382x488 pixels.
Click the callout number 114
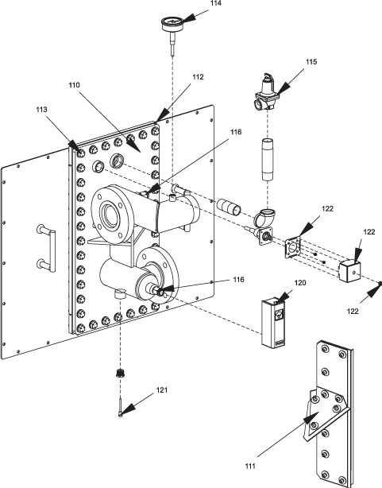[215, 3]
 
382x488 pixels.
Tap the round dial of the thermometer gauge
[172, 24]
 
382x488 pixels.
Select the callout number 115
[311, 62]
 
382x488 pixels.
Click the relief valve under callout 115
[266, 92]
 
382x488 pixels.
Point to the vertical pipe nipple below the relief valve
[267, 160]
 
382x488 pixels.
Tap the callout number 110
[75, 85]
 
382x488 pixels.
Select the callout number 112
[198, 77]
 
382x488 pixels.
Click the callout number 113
[41, 109]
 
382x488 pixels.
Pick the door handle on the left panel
[47, 248]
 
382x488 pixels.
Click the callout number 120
[300, 283]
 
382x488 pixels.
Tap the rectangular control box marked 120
[273, 323]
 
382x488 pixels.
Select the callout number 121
[162, 389]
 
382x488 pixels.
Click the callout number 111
[250, 466]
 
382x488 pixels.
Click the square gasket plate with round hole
[293, 247]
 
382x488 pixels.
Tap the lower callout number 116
[238, 280]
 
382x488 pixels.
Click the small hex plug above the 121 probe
[120, 374]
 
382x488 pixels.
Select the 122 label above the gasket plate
[327, 208]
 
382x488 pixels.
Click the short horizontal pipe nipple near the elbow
[229, 207]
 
